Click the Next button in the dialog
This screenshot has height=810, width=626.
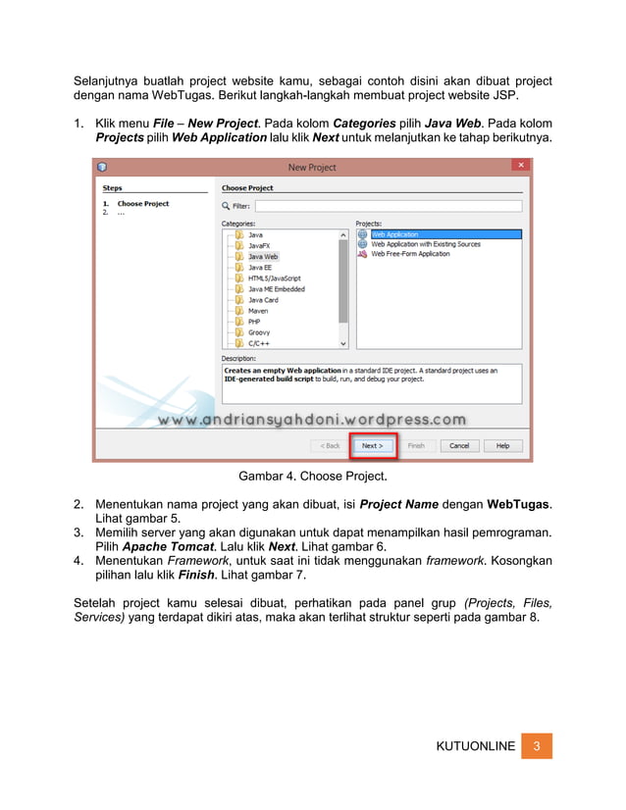(370, 445)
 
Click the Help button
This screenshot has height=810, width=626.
(502, 445)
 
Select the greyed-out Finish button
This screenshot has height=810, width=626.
(416, 445)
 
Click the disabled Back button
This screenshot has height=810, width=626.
(327, 445)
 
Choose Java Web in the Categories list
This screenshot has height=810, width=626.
(262, 257)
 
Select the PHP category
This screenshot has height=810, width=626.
(254, 322)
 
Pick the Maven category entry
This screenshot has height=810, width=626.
(257, 311)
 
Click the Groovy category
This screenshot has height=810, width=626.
(259, 332)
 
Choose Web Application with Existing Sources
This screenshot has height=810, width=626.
(426, 244)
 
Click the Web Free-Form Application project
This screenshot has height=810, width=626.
(410, 254)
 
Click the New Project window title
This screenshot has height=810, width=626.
(312, 168)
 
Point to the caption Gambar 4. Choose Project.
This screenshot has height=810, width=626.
(312, 478)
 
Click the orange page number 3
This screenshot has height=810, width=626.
(537, 745)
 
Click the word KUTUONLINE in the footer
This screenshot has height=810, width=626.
(475, 746)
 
